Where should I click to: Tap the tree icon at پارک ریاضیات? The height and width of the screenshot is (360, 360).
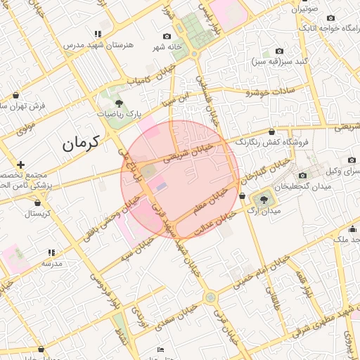click(119, 103)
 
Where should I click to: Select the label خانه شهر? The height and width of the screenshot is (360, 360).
click(169, 47)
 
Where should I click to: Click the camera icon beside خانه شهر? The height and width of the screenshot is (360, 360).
click(167, 36)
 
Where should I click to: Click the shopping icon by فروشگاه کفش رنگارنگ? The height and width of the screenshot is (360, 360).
click(272, 131)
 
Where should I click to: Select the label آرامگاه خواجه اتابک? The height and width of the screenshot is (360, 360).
click(330, 27)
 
